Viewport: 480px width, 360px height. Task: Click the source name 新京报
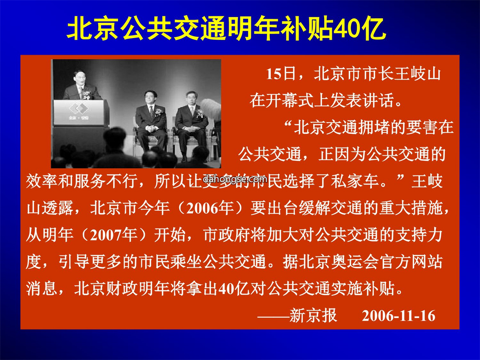point(313,316)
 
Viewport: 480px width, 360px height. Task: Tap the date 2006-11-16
point(398,316)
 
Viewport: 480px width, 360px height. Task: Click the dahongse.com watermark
point(235,179)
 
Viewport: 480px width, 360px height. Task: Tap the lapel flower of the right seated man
point(200,114)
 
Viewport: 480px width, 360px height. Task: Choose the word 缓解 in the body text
point(314,208)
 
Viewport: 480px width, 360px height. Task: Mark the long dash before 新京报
point(273,316)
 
